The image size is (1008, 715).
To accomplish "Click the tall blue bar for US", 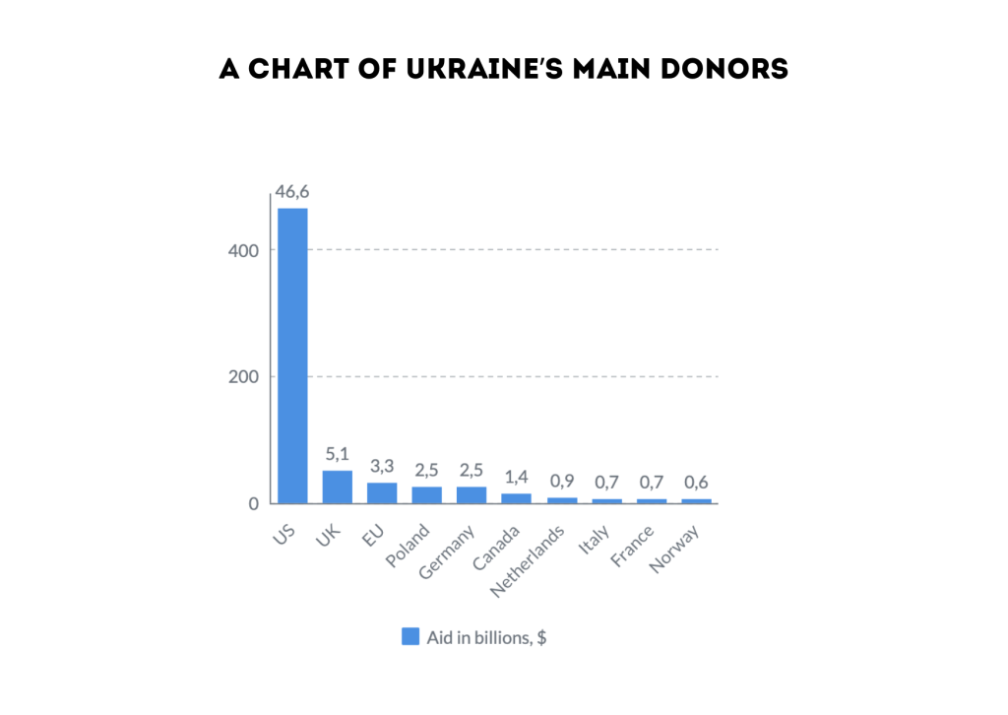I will click(x=292, y=355).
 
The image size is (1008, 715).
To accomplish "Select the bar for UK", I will click(x=337, y=487).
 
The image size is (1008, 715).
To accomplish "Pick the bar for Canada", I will click(x=517, y=498).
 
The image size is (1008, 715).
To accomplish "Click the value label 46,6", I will click(x=292, y=191).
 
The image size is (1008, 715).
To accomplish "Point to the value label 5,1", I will click(x=337, y=454).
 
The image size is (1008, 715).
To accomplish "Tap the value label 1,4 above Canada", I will click(x=517, y=477).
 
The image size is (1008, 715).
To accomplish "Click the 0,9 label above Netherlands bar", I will click(x=562, y=482).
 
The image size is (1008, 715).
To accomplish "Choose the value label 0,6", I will click(x=697, y=483).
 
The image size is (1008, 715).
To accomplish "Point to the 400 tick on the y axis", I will click(x=244, y=250).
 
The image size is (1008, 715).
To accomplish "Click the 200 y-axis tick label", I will click(x=244, y=377).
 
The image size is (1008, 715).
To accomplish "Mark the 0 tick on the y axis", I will click(x=253, y=504).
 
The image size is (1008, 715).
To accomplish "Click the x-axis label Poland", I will click(x=408, y=547).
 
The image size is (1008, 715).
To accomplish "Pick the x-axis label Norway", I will click(x=673, y=550).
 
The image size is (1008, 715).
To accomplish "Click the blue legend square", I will click(x=410, y=636).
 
